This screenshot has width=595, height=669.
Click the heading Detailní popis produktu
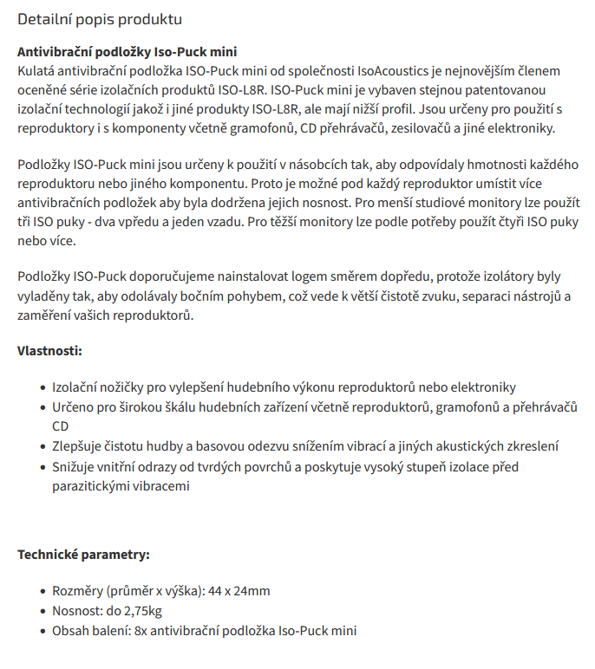tap(100, 18)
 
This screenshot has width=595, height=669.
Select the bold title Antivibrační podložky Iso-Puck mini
tap(127, 52)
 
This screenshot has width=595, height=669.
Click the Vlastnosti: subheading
tap(49, 352)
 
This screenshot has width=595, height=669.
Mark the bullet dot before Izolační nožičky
tap(43, 388)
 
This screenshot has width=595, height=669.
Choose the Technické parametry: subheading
tap(83, 555)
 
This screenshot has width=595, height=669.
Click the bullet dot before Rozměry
tap(43, 593)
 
